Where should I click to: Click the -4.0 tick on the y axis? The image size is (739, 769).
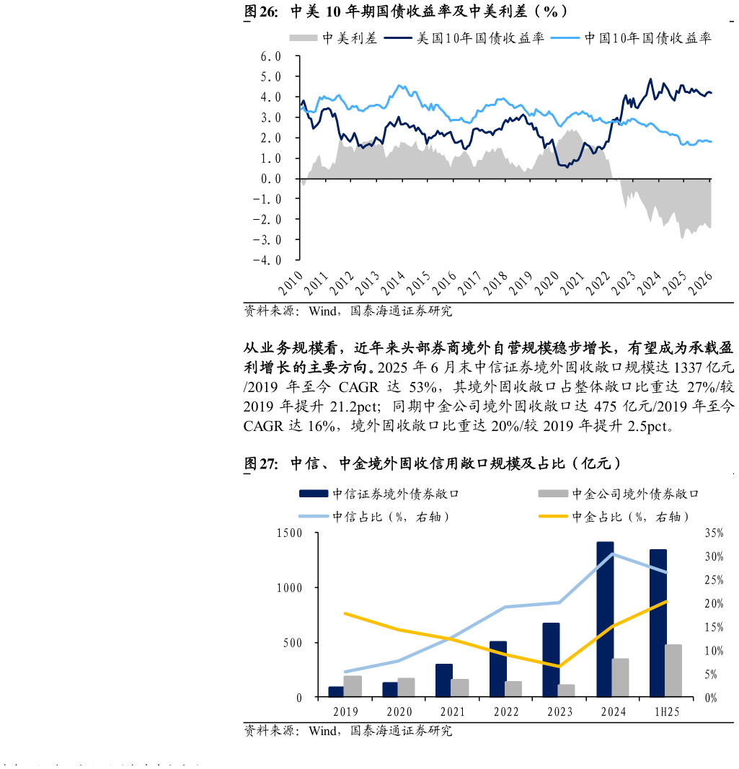[x=267, y=260]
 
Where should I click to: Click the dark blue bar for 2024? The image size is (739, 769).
[x=605, y=619]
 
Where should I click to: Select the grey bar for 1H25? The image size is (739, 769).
[x=673, y=671]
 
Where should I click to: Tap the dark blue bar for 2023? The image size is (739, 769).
[x=552, y=659]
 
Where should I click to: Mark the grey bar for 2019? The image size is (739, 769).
[x=353, y=686]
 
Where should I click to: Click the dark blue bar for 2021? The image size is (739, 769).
[x=444, y=680]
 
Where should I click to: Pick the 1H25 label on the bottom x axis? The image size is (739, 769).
[x=667, y=712]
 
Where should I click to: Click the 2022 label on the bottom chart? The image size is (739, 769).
[x=506, y=712]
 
